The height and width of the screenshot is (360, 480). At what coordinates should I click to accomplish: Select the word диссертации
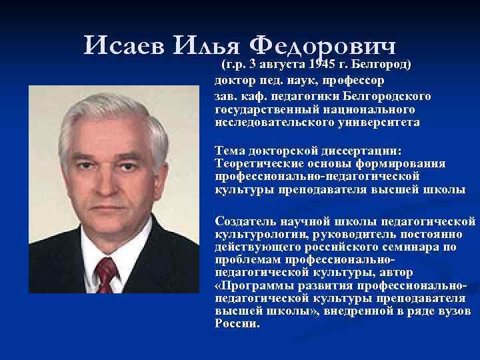click(x=367, y=151)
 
